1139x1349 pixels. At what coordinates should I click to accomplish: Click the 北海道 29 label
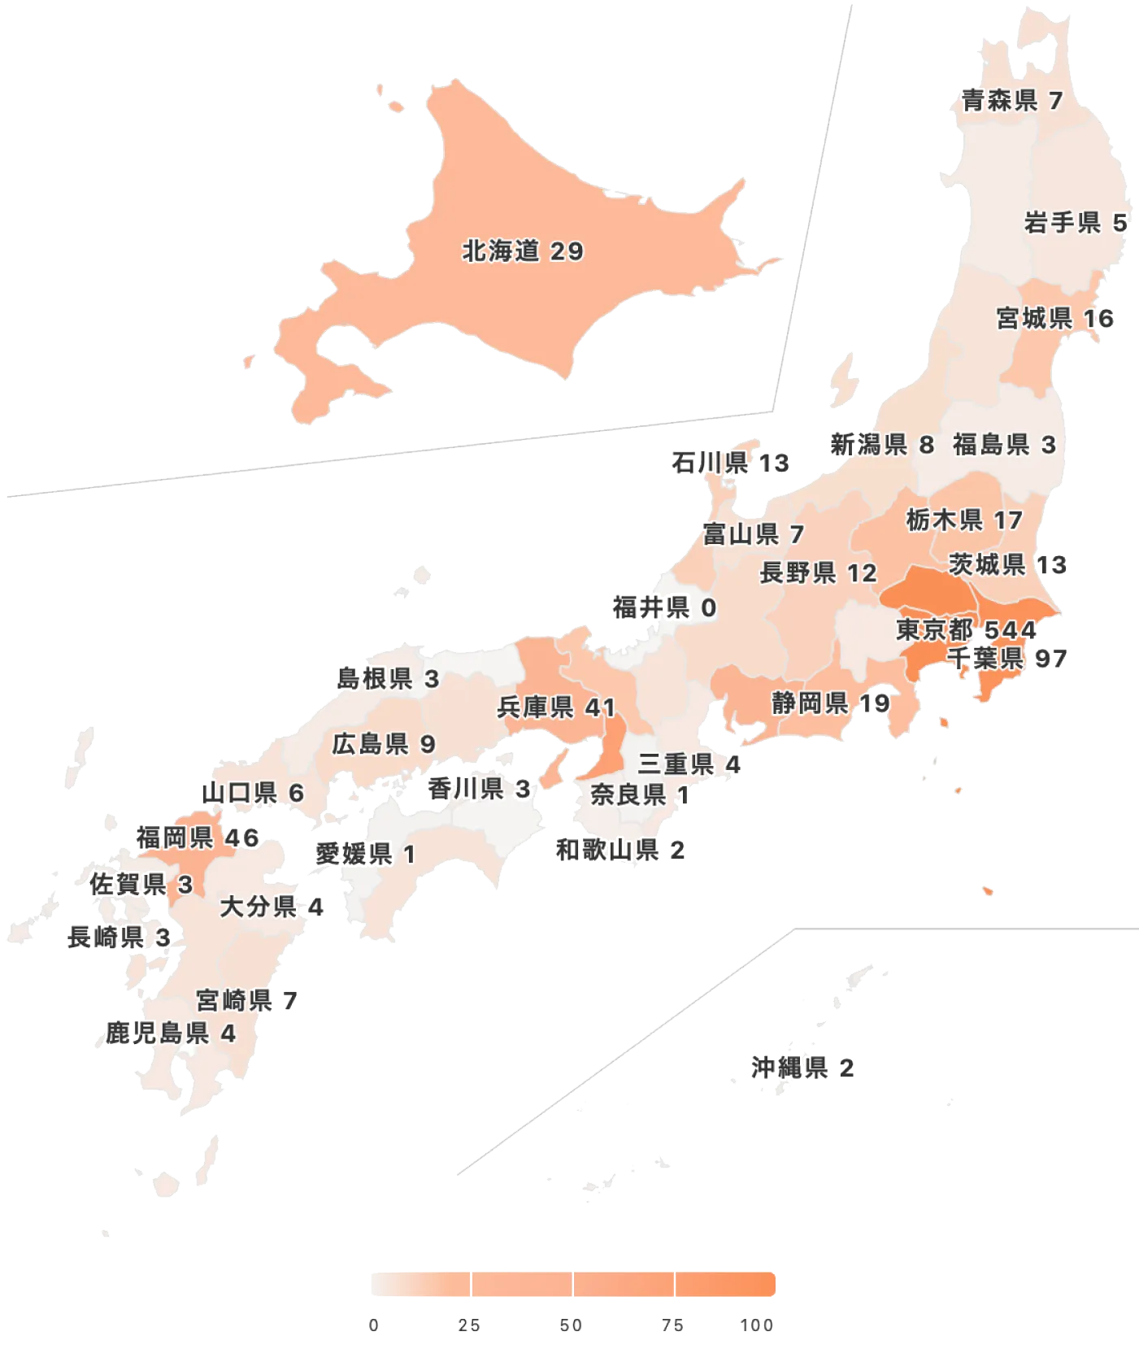click(523, 251)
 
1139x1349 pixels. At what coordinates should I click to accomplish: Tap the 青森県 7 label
click(1012, 101)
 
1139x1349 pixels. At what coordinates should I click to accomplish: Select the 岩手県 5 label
click(1075, 223)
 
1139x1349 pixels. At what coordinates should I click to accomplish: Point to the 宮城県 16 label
click(1055, 318)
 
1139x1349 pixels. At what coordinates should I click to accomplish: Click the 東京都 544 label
click(966, 629)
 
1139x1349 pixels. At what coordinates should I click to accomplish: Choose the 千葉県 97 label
click(1006, 658)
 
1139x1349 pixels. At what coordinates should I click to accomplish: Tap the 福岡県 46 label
click(198, 838)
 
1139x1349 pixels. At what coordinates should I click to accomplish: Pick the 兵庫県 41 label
click(556, 707)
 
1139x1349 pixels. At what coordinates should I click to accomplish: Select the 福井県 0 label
click(664, 607)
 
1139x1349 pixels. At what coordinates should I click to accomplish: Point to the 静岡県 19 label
click(830, 703)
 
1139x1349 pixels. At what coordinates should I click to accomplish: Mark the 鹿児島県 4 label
click(170, 1034)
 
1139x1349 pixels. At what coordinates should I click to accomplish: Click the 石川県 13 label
click(731, 463)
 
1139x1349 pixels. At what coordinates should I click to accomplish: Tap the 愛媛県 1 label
click(365, 854)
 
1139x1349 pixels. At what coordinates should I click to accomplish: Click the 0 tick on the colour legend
click(373, 1325)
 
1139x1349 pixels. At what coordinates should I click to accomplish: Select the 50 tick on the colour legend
click(572, 1325)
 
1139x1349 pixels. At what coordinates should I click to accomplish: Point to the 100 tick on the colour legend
click(756, 1325)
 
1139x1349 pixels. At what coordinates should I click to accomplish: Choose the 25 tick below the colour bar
click(468, 1325)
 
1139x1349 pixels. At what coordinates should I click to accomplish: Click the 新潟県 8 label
click(881, 445)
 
